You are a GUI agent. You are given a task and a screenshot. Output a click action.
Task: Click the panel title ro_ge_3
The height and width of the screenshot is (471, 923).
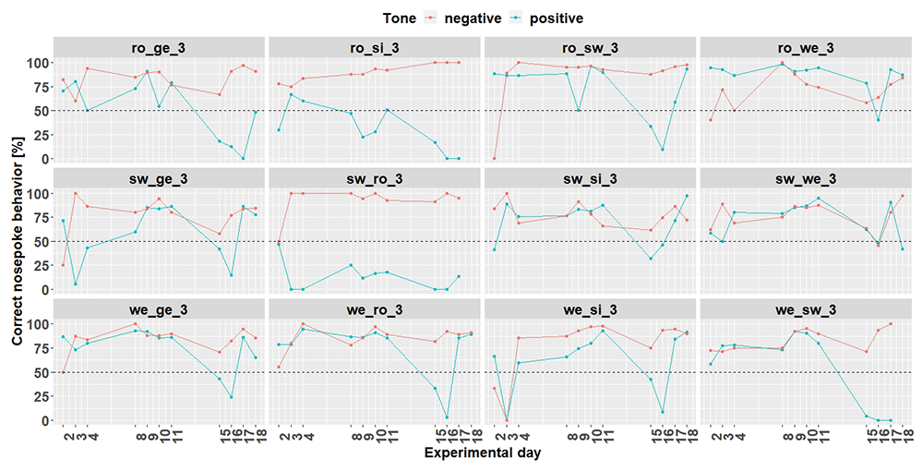pos(159,48)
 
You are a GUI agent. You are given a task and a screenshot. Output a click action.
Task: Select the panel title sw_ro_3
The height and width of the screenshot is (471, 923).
pos(375,178)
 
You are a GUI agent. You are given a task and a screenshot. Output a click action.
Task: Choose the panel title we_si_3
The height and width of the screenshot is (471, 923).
pos(591,309)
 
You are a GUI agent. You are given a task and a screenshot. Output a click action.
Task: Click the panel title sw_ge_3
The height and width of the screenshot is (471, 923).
pos(159,178)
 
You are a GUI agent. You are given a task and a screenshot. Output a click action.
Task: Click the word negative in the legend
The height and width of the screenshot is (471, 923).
pos(473,18)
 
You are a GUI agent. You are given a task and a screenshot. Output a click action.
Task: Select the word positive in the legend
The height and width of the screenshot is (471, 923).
pos(557,18)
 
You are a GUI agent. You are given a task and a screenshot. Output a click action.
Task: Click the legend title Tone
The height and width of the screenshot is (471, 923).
pos(399,18)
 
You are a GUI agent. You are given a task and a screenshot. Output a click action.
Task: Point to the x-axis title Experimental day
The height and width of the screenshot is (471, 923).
pos(483,453)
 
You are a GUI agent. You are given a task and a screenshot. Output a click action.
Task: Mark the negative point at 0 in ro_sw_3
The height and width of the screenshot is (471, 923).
pos(495,158)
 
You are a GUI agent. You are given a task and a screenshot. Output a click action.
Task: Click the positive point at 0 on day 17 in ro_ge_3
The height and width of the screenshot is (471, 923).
pos(243,158)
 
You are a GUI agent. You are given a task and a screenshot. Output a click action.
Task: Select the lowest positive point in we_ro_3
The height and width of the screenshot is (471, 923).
pos(447,417)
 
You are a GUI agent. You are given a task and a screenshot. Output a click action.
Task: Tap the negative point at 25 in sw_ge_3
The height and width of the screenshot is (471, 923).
pos(63,265)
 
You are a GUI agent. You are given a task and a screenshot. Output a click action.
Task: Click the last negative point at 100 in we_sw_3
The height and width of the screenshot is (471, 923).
pos(891,324)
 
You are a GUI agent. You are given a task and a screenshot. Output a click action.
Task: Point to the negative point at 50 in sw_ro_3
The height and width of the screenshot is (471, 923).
pos(279,241)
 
